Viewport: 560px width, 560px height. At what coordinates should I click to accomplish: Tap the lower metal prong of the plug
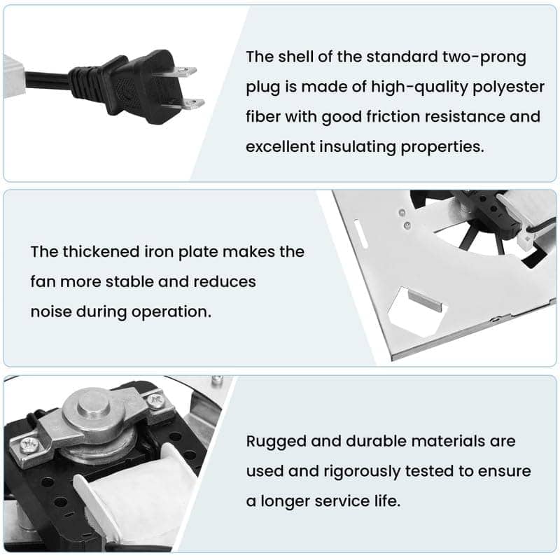tap(192, 104)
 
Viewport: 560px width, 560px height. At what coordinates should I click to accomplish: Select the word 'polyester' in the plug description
tap(509, 87)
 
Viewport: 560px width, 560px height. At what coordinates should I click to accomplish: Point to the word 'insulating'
tap(358, 147)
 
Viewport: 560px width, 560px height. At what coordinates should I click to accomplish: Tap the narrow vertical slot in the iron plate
tap(360, 234)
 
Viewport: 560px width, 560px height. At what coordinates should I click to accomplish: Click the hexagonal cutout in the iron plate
tap(414, 311)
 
